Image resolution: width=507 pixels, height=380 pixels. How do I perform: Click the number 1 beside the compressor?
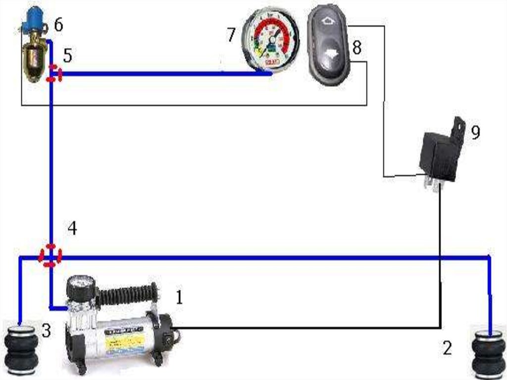pos(179,297)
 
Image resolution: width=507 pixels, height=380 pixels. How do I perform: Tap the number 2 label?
pos(447,348)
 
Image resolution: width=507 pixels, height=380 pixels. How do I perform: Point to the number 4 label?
pos(72,229)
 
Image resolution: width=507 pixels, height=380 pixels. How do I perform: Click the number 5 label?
pos(67,55)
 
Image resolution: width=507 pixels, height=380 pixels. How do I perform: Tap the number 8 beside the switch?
pos(356,48)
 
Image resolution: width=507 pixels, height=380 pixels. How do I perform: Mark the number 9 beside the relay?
pos(475,132)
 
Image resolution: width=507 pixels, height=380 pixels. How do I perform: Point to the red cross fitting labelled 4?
pos(50,256)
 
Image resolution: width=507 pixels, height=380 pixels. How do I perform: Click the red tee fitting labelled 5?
pos(53,74)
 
